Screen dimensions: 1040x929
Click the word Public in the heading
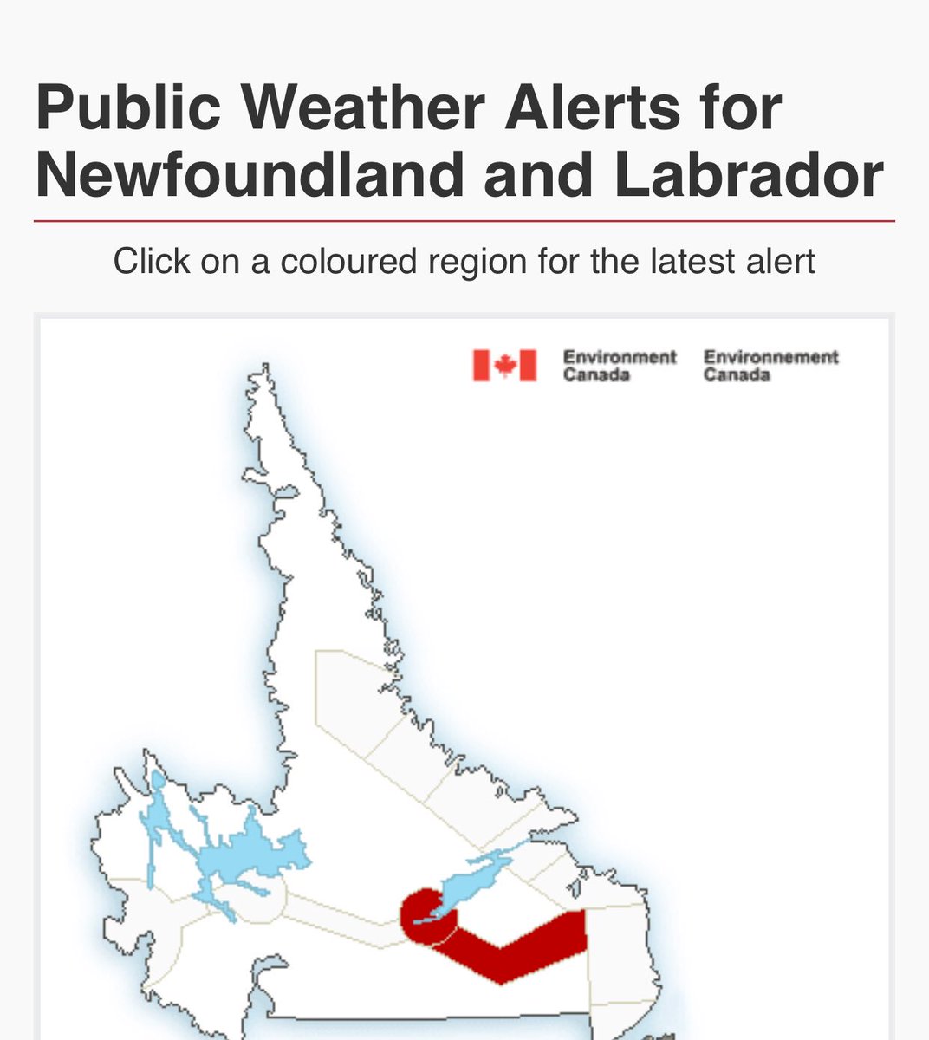(127, 108)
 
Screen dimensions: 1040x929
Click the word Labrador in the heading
(749, 175)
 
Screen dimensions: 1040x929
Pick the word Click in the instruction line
(153, 261)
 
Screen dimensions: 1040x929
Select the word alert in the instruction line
(777, 261)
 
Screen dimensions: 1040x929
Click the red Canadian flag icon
(504, 366)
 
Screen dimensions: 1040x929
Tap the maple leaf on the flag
(504, 366)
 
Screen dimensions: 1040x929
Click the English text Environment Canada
(619, 366)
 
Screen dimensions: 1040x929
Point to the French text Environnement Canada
(770, 366)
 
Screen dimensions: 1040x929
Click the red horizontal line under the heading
(464, 221)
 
